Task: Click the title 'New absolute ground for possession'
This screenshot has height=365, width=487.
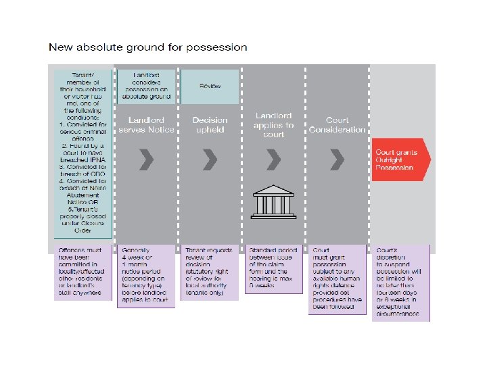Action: pyautogui.click(x=147, y=47)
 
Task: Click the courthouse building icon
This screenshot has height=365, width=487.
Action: pyautogui.click(x=274, y=201)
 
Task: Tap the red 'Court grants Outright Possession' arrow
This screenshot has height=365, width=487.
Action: pyautogui.click(x=400, y=160)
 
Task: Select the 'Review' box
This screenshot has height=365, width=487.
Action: pyautogui.click(x=210, y=86)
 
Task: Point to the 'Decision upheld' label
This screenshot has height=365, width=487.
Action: pyautogui.click(x=210, y=124)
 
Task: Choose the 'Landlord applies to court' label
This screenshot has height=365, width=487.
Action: pyautogui.click(x=274, y=125)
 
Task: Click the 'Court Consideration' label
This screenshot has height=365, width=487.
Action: pyautogui.click(x=338, y=124)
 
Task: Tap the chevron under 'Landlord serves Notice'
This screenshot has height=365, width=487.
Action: pyautogui.click(x=147, y=160)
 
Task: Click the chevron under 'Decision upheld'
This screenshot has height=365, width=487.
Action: pyautogui.click(x=210, y=160)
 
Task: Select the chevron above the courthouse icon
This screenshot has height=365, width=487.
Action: pyautogui.click(x=273, y=160)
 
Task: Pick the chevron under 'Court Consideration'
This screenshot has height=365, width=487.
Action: pyautogui.click(x=337, y=160)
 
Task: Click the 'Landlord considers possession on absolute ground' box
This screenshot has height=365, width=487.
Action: pyautogui.click(x=147, y=86)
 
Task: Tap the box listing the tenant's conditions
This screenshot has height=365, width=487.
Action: pyautogui.click(x=83, y=153)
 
